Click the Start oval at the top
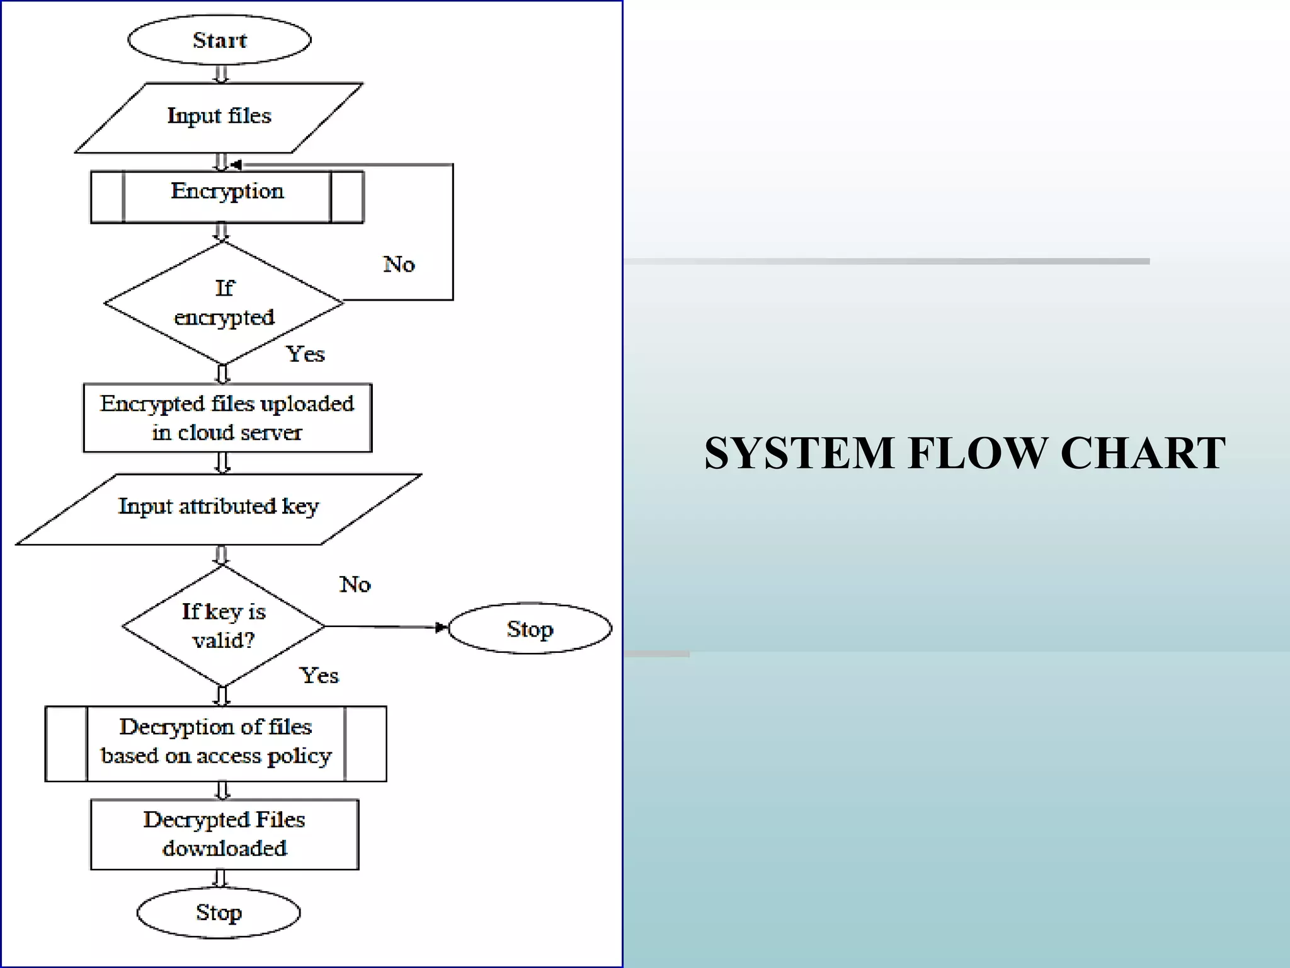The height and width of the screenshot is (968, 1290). pyautogui.click(x=219, y=40)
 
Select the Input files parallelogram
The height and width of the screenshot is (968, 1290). pyautogui.click(x=219, y=117)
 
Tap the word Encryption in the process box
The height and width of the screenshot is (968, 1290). pyautogui.click(x=227, y=191)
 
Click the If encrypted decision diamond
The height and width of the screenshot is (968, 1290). pyautogui.click(x=224, y=303)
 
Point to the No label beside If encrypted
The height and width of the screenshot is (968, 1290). pyautogui.click(x=399, y=264)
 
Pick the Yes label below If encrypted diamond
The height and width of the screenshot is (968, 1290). pyautogui.click(x=305, y=354)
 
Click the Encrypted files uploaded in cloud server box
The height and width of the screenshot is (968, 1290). pyautogui.click(x=227, y=418)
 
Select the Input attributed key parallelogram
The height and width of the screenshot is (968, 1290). pyautogui.click(x=219, y=507)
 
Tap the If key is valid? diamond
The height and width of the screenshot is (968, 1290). pyautogui.click(x=224, y=626)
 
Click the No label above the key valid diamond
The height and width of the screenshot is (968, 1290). pyautogui.click(x=355, y=585)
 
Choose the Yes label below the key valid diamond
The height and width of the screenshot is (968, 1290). pyautogui.click(x=319, y=676)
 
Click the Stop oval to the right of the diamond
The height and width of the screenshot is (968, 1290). pyautogui.click(x=530, y=629)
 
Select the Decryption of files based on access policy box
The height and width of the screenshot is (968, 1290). pyautogui.click(x=215, y=742)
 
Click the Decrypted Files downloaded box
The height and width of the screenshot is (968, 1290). pyautogui.click(x=224, y=834)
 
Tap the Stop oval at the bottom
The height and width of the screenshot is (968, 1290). pyautogui.click(x=219, y=913)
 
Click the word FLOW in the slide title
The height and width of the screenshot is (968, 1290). pyautogui.click(x=977, y=453)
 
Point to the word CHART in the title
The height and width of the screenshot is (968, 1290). pyautogui.click(x=1143, y=453)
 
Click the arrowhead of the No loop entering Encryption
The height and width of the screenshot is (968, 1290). pyautogui.click(x=236, y=164)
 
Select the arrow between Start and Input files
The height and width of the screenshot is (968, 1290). pyautogui.click(x=221, y=74)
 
